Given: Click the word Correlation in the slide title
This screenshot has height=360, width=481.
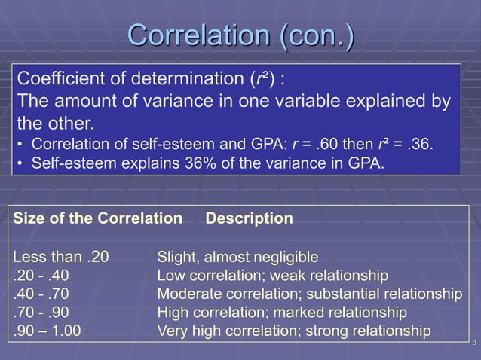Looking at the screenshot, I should point(200,36).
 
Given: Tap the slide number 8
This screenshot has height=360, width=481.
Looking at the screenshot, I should point(473,344).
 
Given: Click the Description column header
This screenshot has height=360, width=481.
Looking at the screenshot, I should point(250,219).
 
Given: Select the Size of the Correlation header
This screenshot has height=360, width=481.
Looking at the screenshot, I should point(99,219).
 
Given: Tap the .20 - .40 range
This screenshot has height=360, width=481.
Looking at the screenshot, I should point(44,275).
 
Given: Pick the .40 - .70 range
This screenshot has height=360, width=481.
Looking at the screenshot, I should point(44,293).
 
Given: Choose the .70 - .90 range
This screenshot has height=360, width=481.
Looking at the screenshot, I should point(44,311).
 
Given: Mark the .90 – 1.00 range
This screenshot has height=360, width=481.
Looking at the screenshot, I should point(50,330).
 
